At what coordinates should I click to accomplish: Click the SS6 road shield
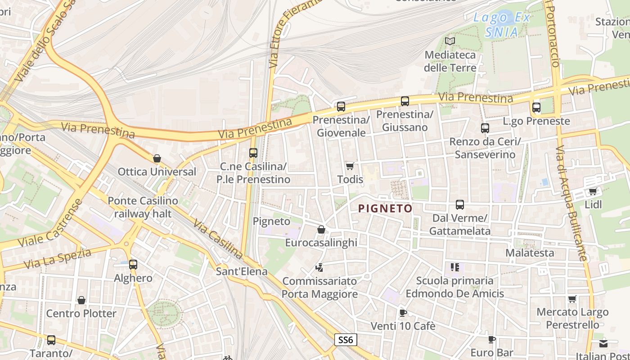(x=346, y=340)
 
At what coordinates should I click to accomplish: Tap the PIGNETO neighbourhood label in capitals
(x=385, y=208)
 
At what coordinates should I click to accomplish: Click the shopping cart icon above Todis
(x=350, y=166)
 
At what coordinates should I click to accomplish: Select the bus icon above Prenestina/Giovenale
(x=341, y=107)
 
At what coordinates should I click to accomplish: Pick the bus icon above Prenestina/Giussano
(x=405, y=101)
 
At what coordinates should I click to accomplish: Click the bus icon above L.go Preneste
(x=536, y=108)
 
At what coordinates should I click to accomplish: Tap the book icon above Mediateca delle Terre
(x=450, y=41)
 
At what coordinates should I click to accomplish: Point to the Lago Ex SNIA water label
(x=502, y=25)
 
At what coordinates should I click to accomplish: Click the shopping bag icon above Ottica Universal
(x=157, y=158)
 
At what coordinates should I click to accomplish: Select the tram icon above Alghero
(x=133, y=265)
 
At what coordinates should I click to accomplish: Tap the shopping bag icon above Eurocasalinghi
(x=321, y=229)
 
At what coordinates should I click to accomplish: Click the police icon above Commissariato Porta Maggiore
(x=319, y=268)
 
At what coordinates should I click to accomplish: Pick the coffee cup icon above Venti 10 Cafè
(x=403, y=313)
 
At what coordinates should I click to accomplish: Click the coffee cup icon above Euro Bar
(x=492, y=339)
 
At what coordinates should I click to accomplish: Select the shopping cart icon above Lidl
(x=593, y=191)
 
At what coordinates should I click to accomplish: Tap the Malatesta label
(x=530, y=253)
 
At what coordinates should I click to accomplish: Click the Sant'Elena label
(x=242, y=271)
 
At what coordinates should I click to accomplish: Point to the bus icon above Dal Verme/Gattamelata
(x=459, y=205)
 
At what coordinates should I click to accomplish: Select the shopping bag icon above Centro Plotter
(x=81, y=300)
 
